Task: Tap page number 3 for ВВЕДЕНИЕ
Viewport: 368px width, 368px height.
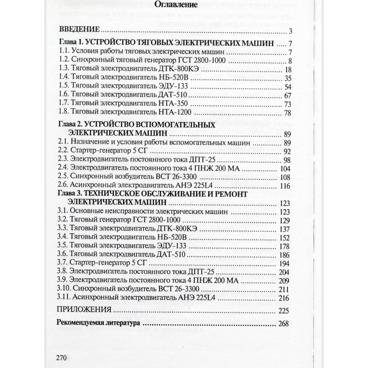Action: pyautogui.click(x=291, y=31)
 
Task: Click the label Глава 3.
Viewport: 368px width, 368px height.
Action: pyautogui.click(x=71, y=194)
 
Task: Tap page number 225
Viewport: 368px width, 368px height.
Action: pyautogui.click(x=283, y=310)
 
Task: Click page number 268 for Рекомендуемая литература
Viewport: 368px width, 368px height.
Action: pyautogui.click(x=283, y=323)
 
